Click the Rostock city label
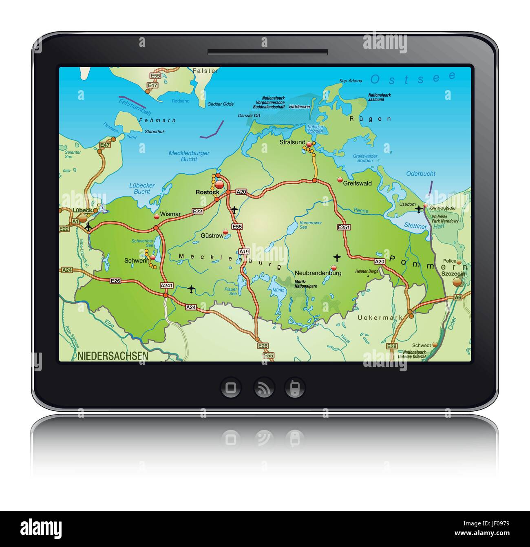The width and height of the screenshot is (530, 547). tap(207, 192)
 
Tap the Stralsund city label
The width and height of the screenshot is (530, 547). tap(292, 142)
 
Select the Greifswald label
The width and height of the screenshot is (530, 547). tap(357, 183)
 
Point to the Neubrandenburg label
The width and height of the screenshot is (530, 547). tap(318, 273)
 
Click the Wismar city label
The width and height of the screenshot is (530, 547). tap(170, 214)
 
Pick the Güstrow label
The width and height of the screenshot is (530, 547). tap(212, 236)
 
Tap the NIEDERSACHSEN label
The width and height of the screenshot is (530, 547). tap(113, 356)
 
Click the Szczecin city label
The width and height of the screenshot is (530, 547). tap(453, 274)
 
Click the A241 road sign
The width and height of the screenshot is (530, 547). tap(166, 285)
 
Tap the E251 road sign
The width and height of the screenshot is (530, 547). tap(344, 227)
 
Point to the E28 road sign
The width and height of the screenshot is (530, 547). tap(391, 346)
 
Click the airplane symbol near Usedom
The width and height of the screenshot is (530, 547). tap(419, 209)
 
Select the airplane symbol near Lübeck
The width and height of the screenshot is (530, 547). tap(88, 227)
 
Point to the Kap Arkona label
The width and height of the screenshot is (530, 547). tap(351, 81)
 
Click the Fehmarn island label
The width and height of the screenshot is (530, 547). tap(157, 120)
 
